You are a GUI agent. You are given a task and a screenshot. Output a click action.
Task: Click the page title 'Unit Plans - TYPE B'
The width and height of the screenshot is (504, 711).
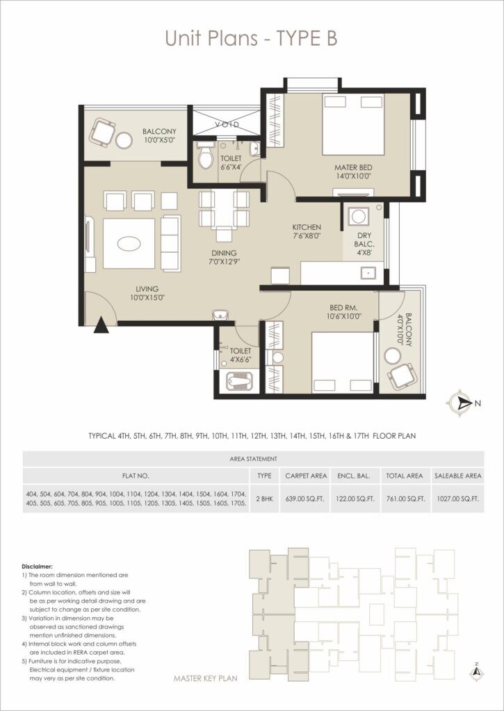tap(251, 38)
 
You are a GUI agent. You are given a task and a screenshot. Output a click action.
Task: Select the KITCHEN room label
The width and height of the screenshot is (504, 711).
tap(306, 227)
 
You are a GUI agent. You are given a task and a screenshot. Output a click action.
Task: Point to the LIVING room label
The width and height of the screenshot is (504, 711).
tap(147, 289)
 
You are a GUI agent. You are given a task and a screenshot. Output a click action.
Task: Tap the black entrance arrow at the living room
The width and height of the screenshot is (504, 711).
tap(101, 325)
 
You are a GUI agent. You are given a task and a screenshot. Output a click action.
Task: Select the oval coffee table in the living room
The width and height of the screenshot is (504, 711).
tap(130, 244)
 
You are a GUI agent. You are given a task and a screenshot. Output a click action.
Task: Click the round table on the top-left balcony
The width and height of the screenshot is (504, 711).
tap(124, 140)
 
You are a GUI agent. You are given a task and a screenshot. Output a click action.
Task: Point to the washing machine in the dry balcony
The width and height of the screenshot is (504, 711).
tap(358, 215)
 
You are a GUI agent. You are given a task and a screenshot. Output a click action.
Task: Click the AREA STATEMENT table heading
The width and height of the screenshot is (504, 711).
tap(253, 459)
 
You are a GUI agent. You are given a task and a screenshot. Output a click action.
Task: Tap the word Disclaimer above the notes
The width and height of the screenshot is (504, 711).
tap(37, 567)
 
